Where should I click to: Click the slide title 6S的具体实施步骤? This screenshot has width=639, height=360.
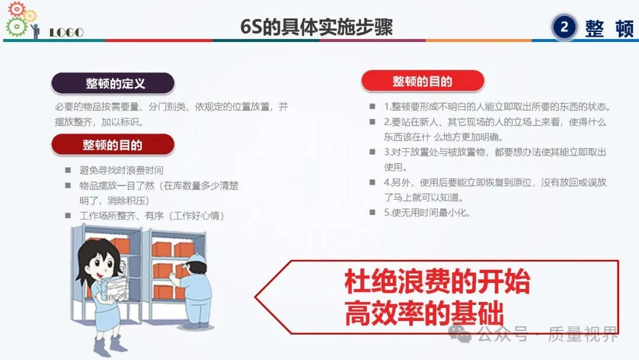(316, 27)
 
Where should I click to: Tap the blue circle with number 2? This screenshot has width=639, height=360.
(564, 27)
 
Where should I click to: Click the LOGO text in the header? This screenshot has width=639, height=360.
(66, 32)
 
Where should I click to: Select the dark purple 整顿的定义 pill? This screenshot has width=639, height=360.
(113, 83)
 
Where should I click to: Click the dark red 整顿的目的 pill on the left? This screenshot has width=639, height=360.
(113, 144)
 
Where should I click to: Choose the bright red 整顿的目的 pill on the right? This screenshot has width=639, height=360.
(422, 81)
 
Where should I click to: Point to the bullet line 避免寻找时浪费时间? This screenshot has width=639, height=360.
(121, 170)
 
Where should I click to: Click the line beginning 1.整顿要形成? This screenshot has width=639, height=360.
(497, 107)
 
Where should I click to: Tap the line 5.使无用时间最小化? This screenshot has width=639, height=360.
(427, 213)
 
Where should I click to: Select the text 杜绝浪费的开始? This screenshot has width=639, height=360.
(437, 281)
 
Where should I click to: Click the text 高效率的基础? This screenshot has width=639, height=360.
(424, 313)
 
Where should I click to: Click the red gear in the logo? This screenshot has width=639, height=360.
(17, 9)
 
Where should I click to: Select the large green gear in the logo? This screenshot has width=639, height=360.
(17, 27)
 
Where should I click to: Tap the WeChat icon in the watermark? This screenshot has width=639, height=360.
(460, 335)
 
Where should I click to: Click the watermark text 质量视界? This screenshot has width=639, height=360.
(583, 335)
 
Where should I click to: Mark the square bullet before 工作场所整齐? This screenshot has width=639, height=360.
(68, 216)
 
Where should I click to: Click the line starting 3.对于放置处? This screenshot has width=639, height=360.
(495, 152)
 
